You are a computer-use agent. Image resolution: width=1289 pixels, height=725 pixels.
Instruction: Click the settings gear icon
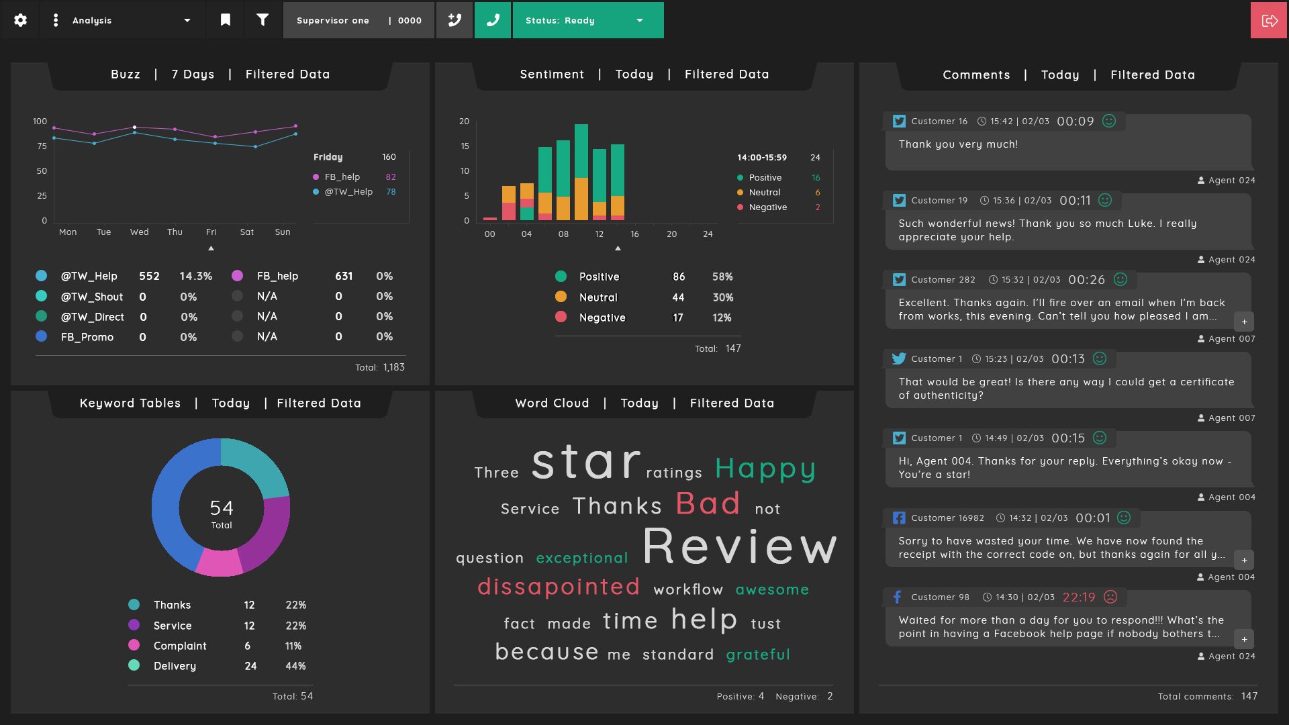click(x=21, y=20)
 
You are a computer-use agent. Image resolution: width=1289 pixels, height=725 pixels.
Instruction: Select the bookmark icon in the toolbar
click(x=226, y=20)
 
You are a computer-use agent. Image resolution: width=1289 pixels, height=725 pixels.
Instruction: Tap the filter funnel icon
click(x=262, y=20)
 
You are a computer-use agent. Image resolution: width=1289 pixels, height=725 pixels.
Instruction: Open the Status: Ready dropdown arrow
click(x=640, y=20)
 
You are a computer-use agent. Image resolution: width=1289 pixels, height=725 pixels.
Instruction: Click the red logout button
click(x=1269, y=20)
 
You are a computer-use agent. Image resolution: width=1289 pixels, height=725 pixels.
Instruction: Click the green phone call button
click(x=493, y=20)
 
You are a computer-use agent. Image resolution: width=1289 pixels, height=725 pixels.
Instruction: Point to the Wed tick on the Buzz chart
click(x=140, y=232)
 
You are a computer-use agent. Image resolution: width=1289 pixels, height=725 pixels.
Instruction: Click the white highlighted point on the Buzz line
click(x=134, y=127)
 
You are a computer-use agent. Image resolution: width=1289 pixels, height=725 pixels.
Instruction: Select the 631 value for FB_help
click(x=344, y=276)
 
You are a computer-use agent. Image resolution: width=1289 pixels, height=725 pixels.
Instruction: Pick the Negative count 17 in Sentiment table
click(x=678, y=318)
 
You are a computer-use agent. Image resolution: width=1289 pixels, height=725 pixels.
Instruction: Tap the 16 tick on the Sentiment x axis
click(x=634, y=234)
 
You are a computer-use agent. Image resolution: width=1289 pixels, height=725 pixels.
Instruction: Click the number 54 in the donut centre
click(x=222, y=507)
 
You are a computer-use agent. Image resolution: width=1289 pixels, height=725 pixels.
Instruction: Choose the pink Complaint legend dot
click(x=134, y=645)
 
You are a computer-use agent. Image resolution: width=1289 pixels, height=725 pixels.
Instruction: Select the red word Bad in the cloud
click(x=708, y=503)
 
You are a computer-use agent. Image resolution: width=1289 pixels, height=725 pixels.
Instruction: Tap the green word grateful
click(x=758, y=655)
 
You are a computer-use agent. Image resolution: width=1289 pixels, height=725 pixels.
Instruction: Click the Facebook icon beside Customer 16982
click(x=899, y=518)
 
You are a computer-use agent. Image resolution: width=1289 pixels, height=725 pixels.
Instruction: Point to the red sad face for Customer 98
click(x=1111, y=597)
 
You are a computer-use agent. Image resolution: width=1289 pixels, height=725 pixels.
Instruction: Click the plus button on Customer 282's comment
click(x=1244, y=322)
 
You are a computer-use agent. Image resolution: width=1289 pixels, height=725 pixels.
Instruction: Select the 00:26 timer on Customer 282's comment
click(x=1086, y=280)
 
